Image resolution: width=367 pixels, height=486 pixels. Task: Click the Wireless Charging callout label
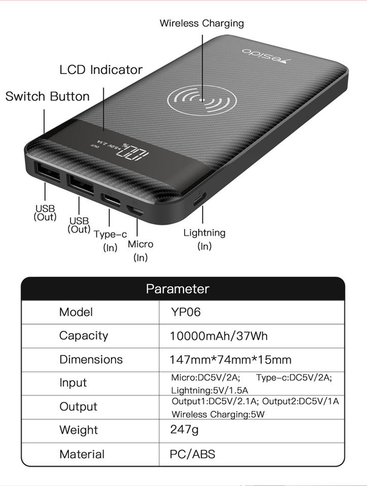point(201,23)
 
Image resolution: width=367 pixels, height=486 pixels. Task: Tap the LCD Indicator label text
point(101,70)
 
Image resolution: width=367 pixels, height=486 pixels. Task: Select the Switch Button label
point(47,96)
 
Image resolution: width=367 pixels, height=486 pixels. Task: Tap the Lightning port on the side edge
point(200,199)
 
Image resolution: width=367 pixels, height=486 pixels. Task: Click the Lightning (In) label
point(204,239)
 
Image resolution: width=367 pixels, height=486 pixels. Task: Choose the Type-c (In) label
point(110,240)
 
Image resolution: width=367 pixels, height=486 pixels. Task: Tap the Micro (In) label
point(140,250)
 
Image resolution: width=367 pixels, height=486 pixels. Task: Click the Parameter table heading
point(177,289)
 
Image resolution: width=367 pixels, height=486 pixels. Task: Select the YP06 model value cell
point(186,312)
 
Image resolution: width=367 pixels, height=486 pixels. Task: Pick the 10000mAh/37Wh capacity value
point(218,336)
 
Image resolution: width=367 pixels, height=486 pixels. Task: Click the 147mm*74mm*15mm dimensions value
point(231,359)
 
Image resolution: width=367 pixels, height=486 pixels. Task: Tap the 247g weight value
point(184,430)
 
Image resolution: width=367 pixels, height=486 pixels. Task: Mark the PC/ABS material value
point(192,454)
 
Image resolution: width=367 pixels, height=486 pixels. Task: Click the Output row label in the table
point(78,407)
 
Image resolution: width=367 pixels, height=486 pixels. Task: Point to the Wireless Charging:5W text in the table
point(218,414)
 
